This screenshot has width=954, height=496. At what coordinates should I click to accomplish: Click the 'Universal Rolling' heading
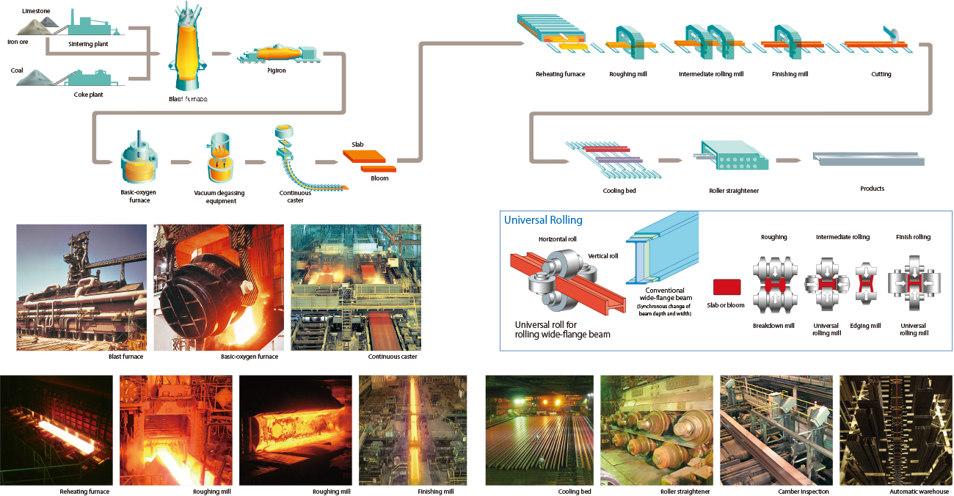tap(543, 219)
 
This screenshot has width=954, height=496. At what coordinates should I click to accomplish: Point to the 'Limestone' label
tap(36, 12)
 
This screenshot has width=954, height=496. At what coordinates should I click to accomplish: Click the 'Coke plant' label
tap(89, 95)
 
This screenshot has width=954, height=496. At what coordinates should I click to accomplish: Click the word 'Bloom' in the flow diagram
tap(379, 178)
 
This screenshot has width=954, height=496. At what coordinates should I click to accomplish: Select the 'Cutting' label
tap(881, 74)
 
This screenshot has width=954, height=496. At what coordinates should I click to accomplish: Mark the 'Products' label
tap(872, 189)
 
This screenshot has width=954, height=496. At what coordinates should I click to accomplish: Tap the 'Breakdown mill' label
tap(773, 326)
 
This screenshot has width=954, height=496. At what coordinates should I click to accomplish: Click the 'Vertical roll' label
tap(602, 255)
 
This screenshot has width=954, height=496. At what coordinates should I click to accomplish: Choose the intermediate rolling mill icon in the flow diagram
tap(709, 43)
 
